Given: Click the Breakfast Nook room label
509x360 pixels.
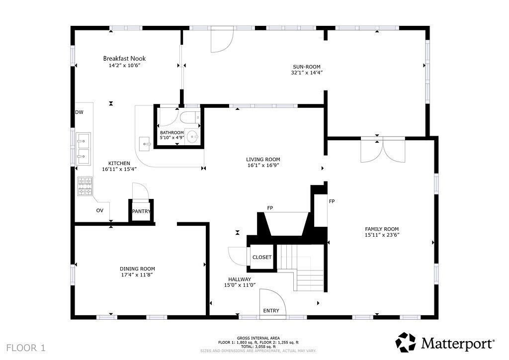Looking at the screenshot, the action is point(124,59).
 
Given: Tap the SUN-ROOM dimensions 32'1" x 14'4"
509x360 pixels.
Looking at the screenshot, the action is point(306,73).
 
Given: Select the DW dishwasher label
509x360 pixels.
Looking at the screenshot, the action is point(79,112).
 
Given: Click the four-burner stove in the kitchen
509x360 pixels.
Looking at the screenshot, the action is point(85,186).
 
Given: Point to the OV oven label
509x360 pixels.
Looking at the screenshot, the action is point(99,210).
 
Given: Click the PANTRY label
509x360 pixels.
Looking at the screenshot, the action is point(141,211).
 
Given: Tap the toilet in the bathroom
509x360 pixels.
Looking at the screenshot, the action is point(189,117).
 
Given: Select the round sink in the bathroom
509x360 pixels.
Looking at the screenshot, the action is point(193,137).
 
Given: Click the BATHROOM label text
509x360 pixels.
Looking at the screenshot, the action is point(172,132).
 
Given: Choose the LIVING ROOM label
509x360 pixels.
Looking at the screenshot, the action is point(263,160).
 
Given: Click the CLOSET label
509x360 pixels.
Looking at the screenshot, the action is point(261,257).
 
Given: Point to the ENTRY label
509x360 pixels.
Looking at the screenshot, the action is point(271,311).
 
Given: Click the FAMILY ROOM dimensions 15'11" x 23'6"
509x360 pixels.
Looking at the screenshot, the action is point(382,235).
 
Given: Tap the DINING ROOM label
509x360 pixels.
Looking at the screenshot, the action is point(137,269).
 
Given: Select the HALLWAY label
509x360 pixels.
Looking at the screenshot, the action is point(240,279).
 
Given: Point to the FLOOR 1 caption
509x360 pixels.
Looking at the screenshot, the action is point(26,348).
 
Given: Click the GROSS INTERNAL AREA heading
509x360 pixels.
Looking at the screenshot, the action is point(258,338).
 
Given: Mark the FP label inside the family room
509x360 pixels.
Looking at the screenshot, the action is point(332,201).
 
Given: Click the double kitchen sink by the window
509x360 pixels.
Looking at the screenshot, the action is point(84,149).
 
